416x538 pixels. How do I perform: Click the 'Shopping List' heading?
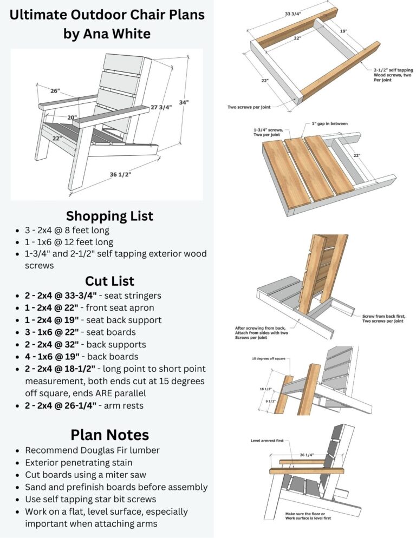point(109,216)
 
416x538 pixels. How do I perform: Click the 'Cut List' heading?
point(109,281)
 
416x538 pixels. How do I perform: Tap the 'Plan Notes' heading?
point(109,435)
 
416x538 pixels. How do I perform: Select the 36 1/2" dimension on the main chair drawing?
point(120,174)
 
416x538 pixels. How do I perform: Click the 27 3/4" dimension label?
point(161,107)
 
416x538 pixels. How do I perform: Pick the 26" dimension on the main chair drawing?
point(55,91)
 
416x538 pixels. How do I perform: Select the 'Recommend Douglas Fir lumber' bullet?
point(92,450)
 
